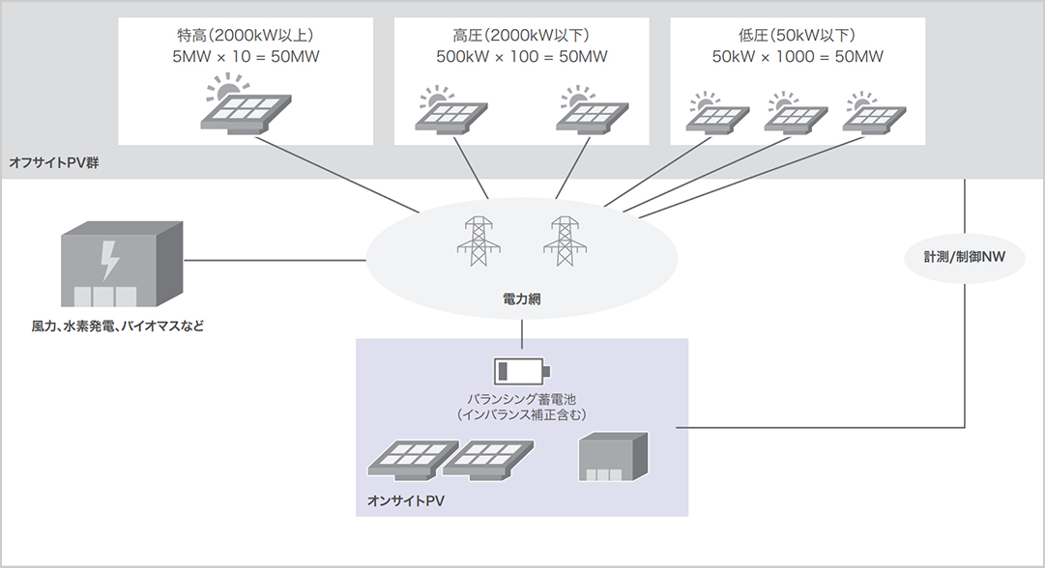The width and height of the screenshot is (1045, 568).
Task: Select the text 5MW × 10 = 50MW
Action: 246,57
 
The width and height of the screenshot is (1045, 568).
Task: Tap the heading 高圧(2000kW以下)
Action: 522,36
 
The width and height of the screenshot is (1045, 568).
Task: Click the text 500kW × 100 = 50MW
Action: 522,57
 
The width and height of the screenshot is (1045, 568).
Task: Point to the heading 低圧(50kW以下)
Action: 798,36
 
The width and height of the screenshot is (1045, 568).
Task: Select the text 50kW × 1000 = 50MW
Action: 798,57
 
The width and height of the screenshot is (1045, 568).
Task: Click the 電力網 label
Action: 522,300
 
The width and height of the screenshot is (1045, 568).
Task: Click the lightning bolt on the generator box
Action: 110,259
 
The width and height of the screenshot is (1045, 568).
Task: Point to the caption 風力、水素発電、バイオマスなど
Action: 118,327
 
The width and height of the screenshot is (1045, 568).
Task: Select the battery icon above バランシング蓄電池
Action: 521,371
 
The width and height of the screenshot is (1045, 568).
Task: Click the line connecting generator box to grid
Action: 275,259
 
